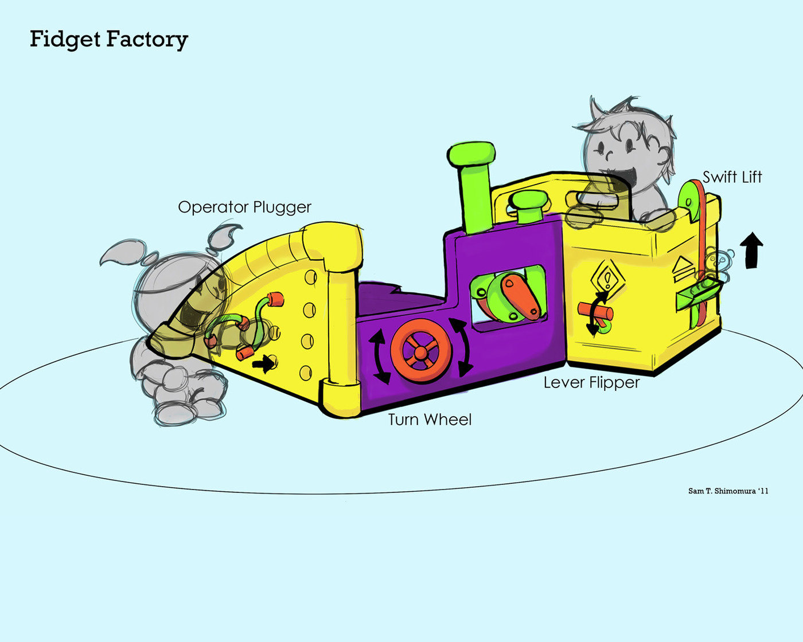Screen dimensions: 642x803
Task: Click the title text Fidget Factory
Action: [x=108, y=40]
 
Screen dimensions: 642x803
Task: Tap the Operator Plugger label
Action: [x=244, y=207]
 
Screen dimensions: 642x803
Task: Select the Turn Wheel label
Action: [x=430, y=420]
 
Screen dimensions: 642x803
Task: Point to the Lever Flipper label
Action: [x=591, y=382]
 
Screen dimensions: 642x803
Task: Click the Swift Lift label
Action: [x=732, y=177]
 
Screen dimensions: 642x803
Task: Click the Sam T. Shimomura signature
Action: [x=728, y=491]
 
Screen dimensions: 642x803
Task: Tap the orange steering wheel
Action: [x=422, y=350]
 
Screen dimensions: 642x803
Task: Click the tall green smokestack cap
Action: [x=471, y=154]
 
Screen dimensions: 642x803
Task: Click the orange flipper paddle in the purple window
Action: [x=520, y=295]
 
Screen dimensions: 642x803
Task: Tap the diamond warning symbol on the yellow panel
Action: [x=606, y=279]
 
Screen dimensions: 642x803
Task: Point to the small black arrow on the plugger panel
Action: [x=263, y=363]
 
